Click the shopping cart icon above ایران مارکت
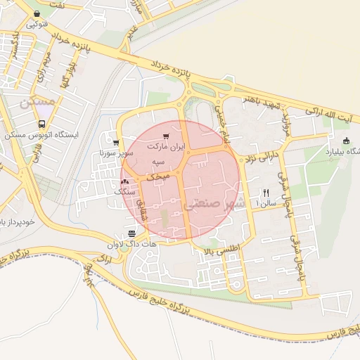[x=165, y=136]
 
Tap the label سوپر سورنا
[x=115, y=153]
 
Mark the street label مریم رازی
[x=46, y=62]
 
